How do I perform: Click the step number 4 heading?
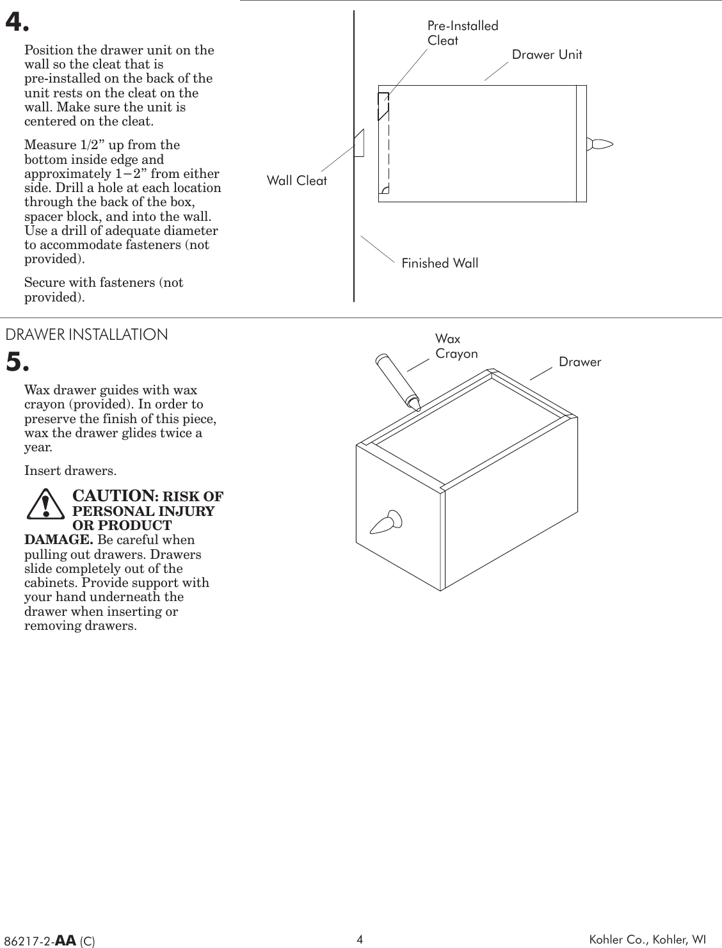(17, 22)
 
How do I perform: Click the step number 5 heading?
(17, 362)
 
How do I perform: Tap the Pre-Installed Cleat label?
(461, 33)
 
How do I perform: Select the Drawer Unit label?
(547, 54)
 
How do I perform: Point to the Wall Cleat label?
(296, 181)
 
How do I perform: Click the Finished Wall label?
(439, 263)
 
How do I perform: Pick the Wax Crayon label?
(456, 346)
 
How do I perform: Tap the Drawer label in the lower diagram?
(580, 362)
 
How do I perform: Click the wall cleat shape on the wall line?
(359, 143)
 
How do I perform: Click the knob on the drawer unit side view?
(600, 144)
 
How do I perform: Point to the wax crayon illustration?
(396, 381)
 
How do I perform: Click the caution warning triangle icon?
(45, 504)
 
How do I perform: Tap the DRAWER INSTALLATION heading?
(86, 334)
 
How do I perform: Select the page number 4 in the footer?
(360, 939)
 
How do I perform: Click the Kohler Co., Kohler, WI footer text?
(647, 939)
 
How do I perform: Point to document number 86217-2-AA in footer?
(50, 940)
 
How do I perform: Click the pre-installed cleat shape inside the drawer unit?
(383, 106)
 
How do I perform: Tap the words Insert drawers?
(70, 471)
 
